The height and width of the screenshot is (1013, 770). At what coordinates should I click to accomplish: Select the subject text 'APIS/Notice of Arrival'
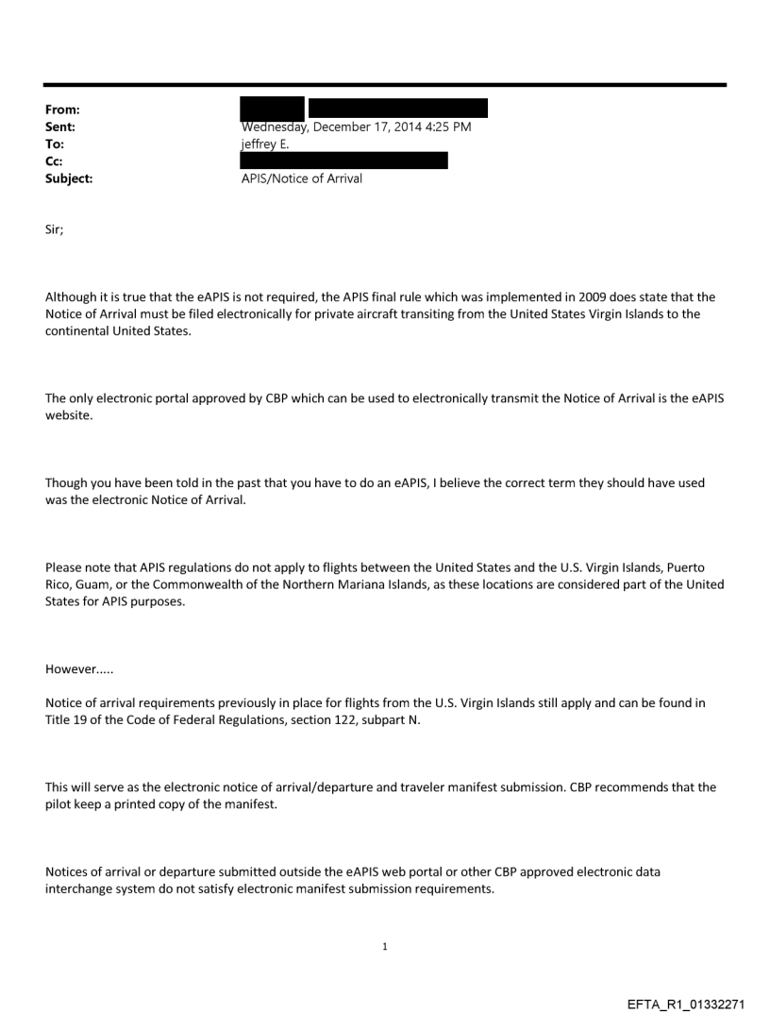(302, 177)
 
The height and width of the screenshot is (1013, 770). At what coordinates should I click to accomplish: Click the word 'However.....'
(74, 678)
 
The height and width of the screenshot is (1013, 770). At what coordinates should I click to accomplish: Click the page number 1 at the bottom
(384, 946)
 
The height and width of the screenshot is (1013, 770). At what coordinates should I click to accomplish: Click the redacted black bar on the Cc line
(344, 160)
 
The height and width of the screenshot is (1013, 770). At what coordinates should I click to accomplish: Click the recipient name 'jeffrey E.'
(269, 144)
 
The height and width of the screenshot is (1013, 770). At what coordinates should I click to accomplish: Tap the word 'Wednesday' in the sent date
(275, 127)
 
